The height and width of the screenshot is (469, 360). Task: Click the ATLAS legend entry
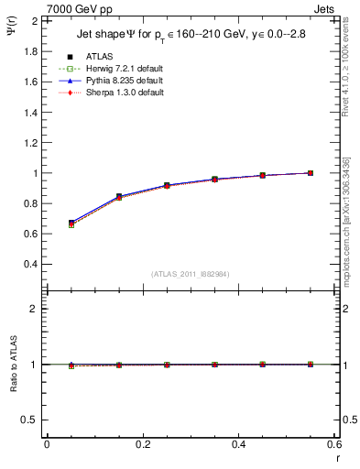point(97,57)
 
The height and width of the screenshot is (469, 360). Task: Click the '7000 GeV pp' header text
point(79,9)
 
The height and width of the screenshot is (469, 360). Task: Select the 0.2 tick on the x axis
point(142,444)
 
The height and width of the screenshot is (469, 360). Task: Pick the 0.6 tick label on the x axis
point(333,444)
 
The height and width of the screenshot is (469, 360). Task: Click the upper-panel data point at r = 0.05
point(71,223)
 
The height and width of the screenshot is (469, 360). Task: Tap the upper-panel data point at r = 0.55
point(310,172)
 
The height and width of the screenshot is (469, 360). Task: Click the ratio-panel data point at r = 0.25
point(166,365)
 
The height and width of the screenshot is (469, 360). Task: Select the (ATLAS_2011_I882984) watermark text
point(190,274)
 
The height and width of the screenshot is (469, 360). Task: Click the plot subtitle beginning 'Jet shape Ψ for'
point(191,36)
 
